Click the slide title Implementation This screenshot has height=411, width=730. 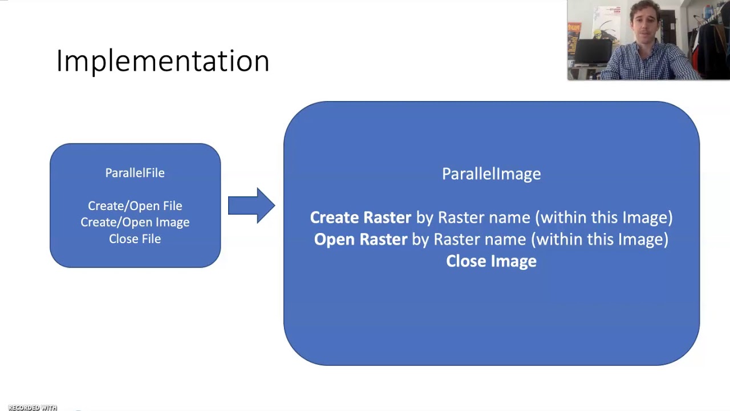[x=163, y=61]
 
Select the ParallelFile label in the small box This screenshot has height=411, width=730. [x=135, y=173]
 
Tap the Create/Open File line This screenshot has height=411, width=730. [x=135, y=205]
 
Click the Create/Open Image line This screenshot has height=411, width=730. [x=135, y=222]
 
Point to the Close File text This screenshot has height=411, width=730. [x=135, y=239]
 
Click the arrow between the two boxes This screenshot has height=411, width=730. [x=252, y=205]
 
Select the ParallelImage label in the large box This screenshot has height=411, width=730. [x=491, y=174]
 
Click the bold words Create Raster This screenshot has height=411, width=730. [x=360, y=217]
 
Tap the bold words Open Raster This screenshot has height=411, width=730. [x=360, y=239]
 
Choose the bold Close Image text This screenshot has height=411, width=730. [x=491, y=261]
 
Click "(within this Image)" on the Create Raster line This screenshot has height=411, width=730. [x=604, y=217]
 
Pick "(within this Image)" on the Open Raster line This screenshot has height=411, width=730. [x=599, y=239]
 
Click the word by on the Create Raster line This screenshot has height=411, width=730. [x=424, y=217]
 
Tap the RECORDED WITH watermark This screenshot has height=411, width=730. [x=33, y=408]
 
